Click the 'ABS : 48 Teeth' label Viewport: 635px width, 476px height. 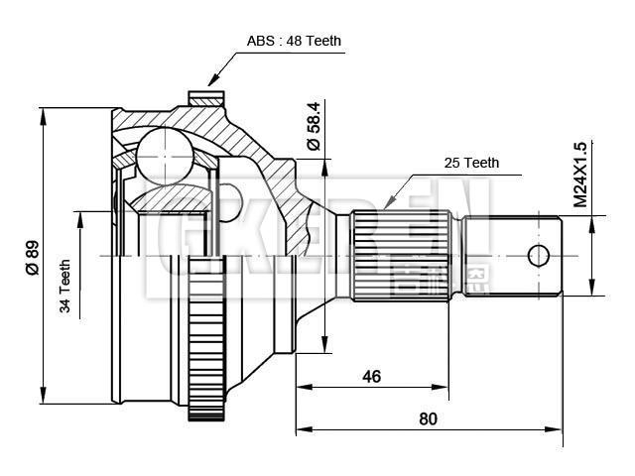(x=294, y=42)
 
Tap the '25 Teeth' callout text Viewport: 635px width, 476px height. (x=471, y=163)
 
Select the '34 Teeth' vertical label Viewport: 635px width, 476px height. (x=65, y=288)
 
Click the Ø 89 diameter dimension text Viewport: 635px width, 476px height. (x=31, y=257)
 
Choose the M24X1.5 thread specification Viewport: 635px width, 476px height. (x=579, y=174)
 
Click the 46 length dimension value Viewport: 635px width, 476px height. (x=372, y=377)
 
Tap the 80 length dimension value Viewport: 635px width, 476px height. (x=428, y=418)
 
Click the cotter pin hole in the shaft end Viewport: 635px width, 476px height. (x=538, y=256)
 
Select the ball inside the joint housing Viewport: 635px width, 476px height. (x=163, y=154)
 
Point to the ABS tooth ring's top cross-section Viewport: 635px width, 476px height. (x=207, y=99)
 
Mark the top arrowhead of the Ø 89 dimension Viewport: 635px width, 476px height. (x=44, y=112)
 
